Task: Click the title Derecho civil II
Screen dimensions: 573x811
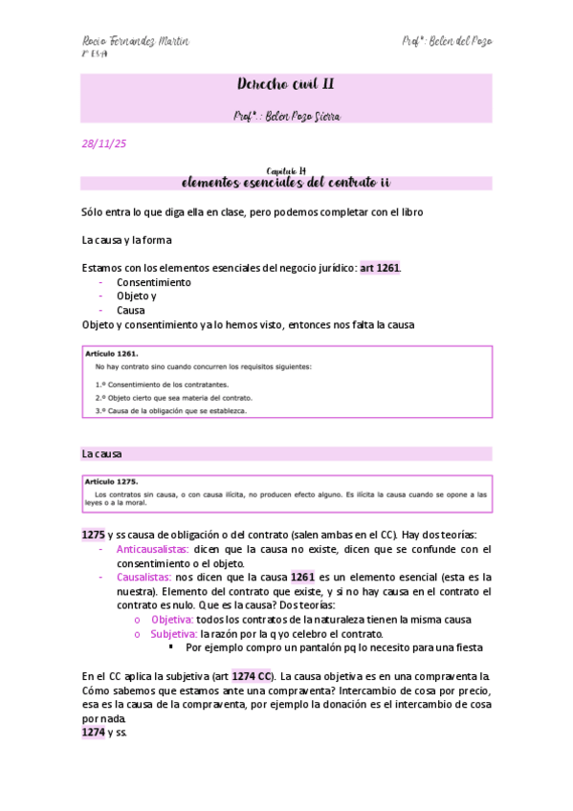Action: [286, 85]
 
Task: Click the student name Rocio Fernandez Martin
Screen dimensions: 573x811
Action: [135, 41]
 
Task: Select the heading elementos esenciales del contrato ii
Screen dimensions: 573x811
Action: [286, 182]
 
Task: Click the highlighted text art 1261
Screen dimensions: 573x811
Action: [380, 268]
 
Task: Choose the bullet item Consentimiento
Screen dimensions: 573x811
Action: [154, 282]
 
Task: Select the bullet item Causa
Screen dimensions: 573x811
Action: [131, 310]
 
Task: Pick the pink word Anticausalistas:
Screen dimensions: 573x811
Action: [152, 550]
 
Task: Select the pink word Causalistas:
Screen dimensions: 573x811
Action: [143, 578]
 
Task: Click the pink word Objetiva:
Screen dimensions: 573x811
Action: [172, 620]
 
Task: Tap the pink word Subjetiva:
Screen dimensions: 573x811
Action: [173, 634]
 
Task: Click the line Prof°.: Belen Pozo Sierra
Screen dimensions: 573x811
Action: [286, 116]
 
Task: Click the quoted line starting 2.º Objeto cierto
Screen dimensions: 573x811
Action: [162, 396]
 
